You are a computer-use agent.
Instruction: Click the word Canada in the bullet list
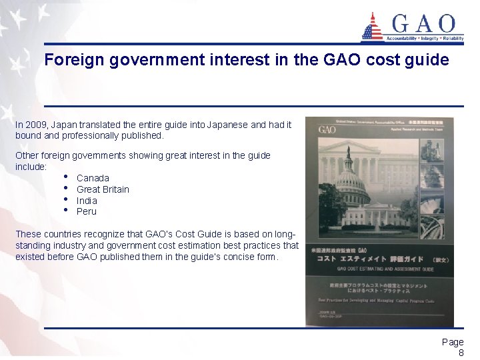(x=93, y=178)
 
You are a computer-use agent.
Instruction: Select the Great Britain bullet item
(x=103, y=189)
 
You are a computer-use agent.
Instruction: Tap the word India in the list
(x=87, y=201)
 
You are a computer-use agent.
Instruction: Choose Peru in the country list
(x=87, y=211)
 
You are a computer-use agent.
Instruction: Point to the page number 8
(x=460, y=353)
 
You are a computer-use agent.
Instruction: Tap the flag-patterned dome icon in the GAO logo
(x=372, y=27)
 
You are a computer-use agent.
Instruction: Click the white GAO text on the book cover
(x=327, y=129)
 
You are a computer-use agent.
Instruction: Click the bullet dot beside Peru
(x=67, y=211)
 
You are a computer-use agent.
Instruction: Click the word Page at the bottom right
(x=453, y=342)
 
